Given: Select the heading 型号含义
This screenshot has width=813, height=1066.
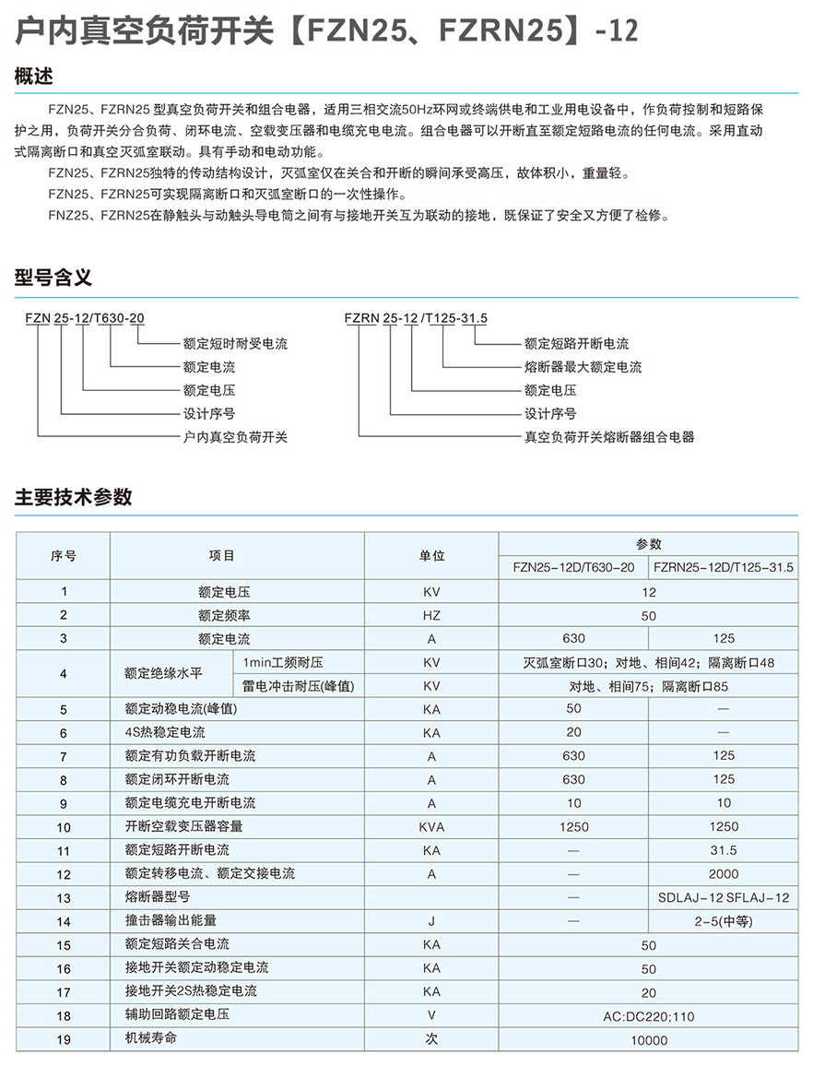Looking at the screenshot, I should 53,278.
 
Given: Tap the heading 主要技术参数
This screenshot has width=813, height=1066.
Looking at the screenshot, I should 74,497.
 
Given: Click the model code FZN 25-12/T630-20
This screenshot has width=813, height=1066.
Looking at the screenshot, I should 85,319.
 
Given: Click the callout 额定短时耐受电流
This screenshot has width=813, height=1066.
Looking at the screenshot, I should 235,343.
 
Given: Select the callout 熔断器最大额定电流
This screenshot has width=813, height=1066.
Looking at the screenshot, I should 583,367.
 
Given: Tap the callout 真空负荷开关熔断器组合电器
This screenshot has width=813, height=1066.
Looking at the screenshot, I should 608,437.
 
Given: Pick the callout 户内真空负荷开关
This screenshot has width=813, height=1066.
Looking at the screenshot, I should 235,437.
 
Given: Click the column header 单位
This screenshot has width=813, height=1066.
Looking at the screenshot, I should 431,555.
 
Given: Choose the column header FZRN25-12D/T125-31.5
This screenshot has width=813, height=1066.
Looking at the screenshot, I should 723,567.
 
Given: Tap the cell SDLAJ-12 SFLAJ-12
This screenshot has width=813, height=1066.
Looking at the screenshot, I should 725,897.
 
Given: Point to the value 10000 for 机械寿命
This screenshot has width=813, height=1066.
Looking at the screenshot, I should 649,1040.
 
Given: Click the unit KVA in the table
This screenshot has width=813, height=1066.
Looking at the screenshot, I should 431,826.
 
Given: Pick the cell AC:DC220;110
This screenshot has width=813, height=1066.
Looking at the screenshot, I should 649,1016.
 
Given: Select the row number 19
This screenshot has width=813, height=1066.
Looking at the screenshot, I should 64,1039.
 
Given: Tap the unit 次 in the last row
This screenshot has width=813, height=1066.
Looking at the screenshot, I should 431,1038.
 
